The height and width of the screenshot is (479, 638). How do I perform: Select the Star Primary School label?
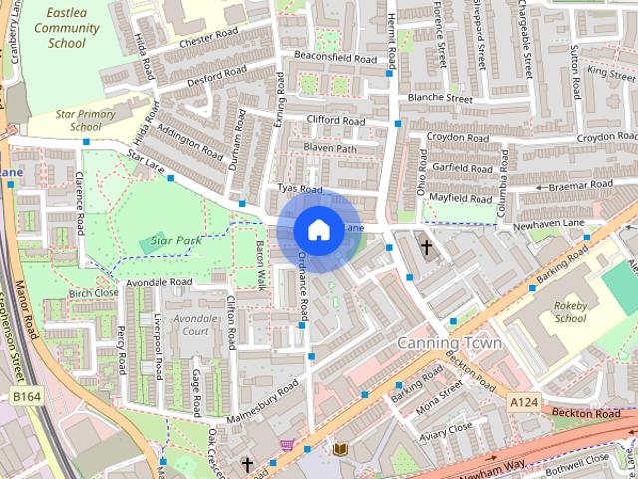click(78, 120)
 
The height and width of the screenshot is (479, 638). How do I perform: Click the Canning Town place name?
click(449, 342)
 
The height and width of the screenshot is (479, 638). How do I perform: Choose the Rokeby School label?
click(570, 312)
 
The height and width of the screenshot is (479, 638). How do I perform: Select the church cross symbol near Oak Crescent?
click(247, 464)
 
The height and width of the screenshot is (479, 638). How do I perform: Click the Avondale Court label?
click(196, 325)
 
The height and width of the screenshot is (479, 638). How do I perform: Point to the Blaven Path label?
click(329, 149)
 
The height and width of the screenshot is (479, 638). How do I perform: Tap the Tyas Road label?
click(300, 189)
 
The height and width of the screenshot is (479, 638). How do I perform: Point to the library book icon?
click(339, 450)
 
